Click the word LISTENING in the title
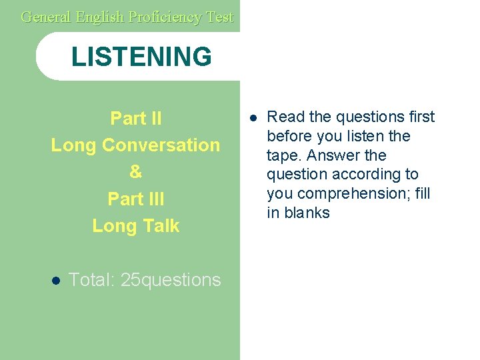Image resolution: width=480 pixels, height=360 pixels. click(141, 57)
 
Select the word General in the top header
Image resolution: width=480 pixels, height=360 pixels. click(46, 17)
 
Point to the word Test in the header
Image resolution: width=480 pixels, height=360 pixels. click(219, 17)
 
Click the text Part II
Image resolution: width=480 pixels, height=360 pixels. click(135, 119)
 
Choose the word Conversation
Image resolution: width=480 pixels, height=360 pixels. click(160, 145)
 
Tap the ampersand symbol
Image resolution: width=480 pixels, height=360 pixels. click(135, 172)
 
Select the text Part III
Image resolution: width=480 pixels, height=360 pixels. click(135, 199)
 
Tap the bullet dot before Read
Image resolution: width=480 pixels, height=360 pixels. click(253, 118)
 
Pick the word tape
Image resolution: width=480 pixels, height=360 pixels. click(281, 155)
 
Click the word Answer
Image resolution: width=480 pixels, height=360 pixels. click(329, 155)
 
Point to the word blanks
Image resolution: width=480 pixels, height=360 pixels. click(308, 213)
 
